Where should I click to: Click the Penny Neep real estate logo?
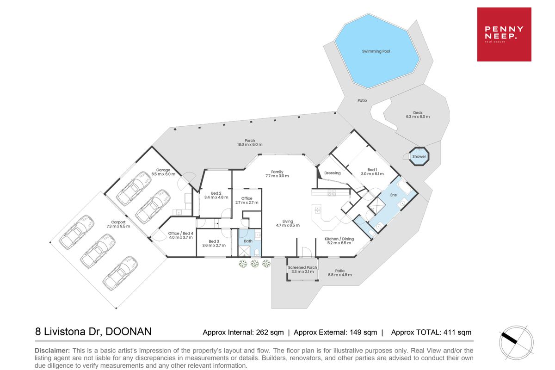point(504,34)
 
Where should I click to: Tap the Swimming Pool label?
point(376,51)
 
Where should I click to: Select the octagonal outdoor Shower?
point(419,156)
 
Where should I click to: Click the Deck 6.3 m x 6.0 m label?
point(418,115)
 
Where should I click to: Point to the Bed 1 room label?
point(372,172)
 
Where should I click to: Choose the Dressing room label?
point(332,173)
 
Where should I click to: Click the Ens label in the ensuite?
point(394,195)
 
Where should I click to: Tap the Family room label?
point(277,174)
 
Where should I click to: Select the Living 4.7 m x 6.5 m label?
point(288,223)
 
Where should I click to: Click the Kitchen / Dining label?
point(339,241)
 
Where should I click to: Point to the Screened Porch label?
point(302,269)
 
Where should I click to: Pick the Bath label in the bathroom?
point(248,241)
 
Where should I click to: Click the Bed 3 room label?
point(214,243)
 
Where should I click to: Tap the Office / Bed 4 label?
point(181,235)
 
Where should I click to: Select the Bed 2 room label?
point(216,195)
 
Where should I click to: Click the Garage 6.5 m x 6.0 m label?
point(163,172)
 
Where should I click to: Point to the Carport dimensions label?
point(118,226)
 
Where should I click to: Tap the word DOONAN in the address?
point(129,332)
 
